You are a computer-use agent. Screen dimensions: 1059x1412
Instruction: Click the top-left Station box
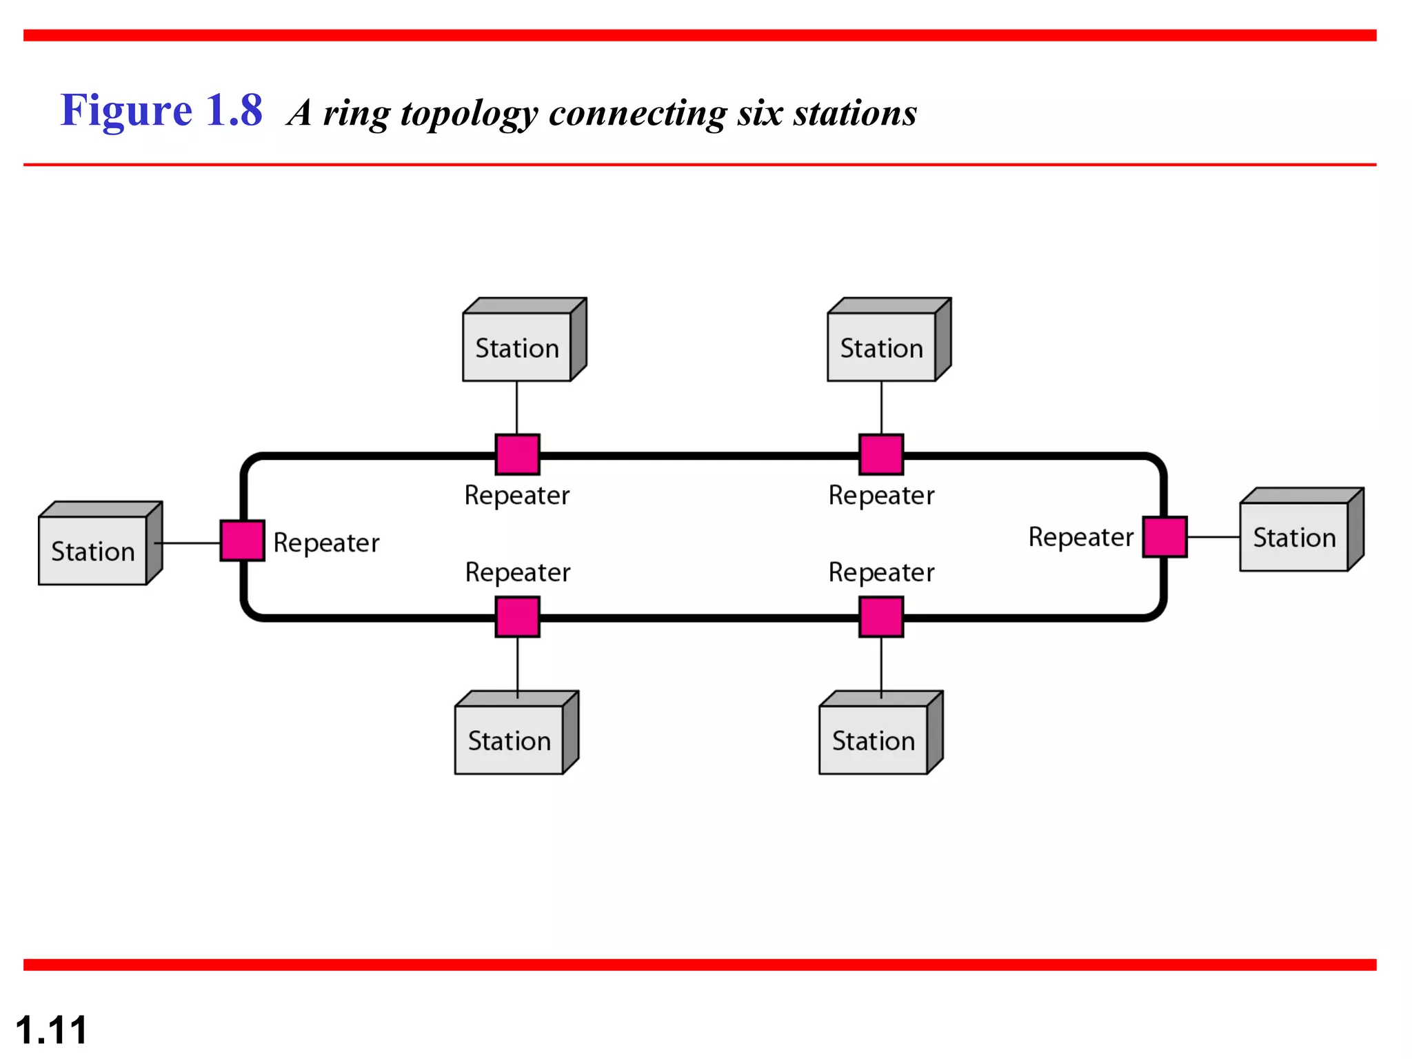517,346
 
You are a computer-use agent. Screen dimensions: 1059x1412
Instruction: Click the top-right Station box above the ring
881,346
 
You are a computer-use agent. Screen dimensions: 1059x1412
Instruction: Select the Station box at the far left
93,549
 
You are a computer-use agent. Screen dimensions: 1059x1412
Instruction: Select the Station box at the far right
1294,536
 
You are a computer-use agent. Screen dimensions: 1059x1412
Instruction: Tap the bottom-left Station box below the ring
510,739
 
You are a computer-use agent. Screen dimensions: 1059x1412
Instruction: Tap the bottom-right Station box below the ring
874,739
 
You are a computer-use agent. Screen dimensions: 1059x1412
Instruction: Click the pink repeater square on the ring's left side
242,541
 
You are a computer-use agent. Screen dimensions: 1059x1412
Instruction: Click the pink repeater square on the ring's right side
1164,536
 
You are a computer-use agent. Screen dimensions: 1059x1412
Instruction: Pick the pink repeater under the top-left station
517,454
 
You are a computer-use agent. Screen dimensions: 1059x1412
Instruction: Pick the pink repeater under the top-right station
881,454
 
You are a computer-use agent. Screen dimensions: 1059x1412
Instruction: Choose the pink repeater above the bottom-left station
517,617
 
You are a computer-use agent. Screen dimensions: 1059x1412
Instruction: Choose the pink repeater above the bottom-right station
881,617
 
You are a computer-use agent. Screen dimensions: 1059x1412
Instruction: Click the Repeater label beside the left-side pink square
326,543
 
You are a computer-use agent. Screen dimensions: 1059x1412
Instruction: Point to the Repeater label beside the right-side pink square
1080,537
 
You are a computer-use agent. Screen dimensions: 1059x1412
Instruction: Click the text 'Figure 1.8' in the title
161,110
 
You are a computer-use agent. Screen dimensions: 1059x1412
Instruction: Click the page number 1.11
51,1030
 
